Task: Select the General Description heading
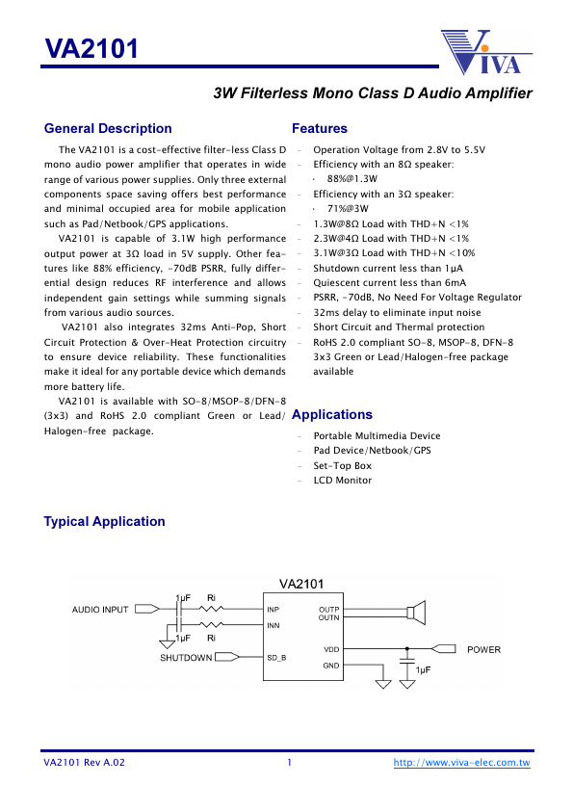click(108, 128)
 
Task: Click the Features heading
click(319, 128)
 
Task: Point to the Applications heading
click(331, 414)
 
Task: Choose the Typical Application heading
click(104, 521)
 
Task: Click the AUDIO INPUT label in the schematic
click(100, 610)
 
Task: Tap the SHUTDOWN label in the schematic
click(186, 658)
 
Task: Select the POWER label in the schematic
click(483, 650)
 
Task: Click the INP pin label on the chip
click(273, 610)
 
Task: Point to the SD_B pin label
click(276, 658)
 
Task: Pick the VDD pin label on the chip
click(331, 650)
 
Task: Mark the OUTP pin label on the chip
click(328, 609)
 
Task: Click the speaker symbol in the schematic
click(417, 613)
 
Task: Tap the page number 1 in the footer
click(289, 763)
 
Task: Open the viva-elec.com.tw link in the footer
click(462, 763)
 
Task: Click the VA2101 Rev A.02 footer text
click(84, 763)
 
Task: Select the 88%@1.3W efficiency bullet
click(352, 179)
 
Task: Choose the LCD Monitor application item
click(342, 480)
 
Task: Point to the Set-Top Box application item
click(342, 465)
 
